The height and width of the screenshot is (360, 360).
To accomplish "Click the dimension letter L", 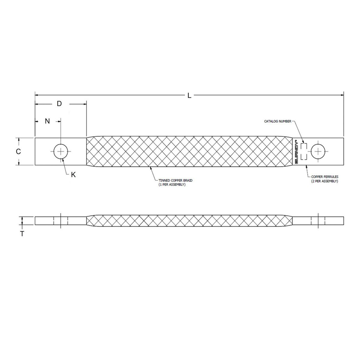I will click(189, 95).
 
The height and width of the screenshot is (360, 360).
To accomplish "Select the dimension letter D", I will click(59, 104).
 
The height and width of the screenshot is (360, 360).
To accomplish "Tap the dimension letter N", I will click(47, 121).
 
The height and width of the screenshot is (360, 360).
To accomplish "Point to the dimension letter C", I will click(19, 152).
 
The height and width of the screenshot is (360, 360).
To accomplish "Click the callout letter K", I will click(73, 174).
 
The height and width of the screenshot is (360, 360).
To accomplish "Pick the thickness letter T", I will click(22, 233).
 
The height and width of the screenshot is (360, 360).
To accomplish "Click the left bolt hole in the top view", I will click(61, 152).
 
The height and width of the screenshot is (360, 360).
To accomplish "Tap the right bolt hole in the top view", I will click(318, 152).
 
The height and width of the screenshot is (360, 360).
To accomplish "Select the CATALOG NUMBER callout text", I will click(278, 121).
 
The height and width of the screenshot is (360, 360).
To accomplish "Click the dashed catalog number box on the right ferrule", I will click(304, 152).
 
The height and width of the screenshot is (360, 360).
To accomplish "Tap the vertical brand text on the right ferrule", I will click(296, 152).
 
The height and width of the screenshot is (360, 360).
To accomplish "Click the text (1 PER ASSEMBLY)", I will click(172, 185).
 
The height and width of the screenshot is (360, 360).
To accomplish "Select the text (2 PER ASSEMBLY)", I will click(324, 181).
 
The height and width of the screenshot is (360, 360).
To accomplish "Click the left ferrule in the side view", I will click(60, 221).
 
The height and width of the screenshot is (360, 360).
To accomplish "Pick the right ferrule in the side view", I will click(318, 221).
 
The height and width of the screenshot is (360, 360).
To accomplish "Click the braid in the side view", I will click(189, 221).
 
